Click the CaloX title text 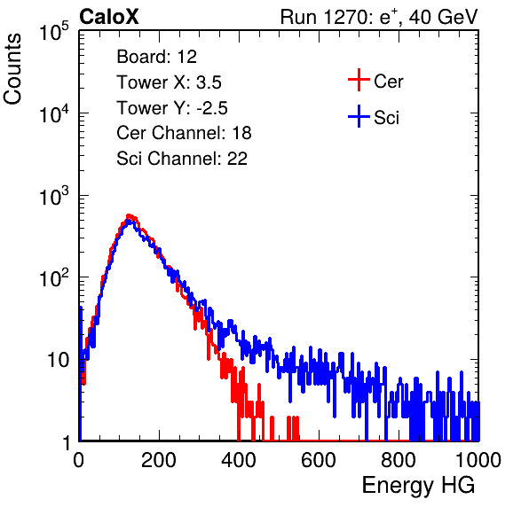[x=108, y=17]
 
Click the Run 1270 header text [x=379, y=17]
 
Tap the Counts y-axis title [x=12, y=68]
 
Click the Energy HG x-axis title [x=418, y=486]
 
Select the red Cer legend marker [x=359, y=80]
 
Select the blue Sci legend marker [x=359, y=116]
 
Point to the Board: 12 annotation [x=156, y=57]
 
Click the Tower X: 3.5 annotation [x=169, y=82]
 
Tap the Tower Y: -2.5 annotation [x=172, y=108]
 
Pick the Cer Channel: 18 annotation [x=184, y=133]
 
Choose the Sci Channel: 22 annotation [x=182, y=159]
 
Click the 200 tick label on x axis [x=159, y=459]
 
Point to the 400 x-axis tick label [x=239, y=459]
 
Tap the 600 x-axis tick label [x=319, y=459]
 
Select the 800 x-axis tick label [x=399, y=459]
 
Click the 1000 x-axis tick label [x=478, y=459]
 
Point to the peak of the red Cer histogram [x=129, y=214]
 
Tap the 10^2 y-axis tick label [x=54, y=277]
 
